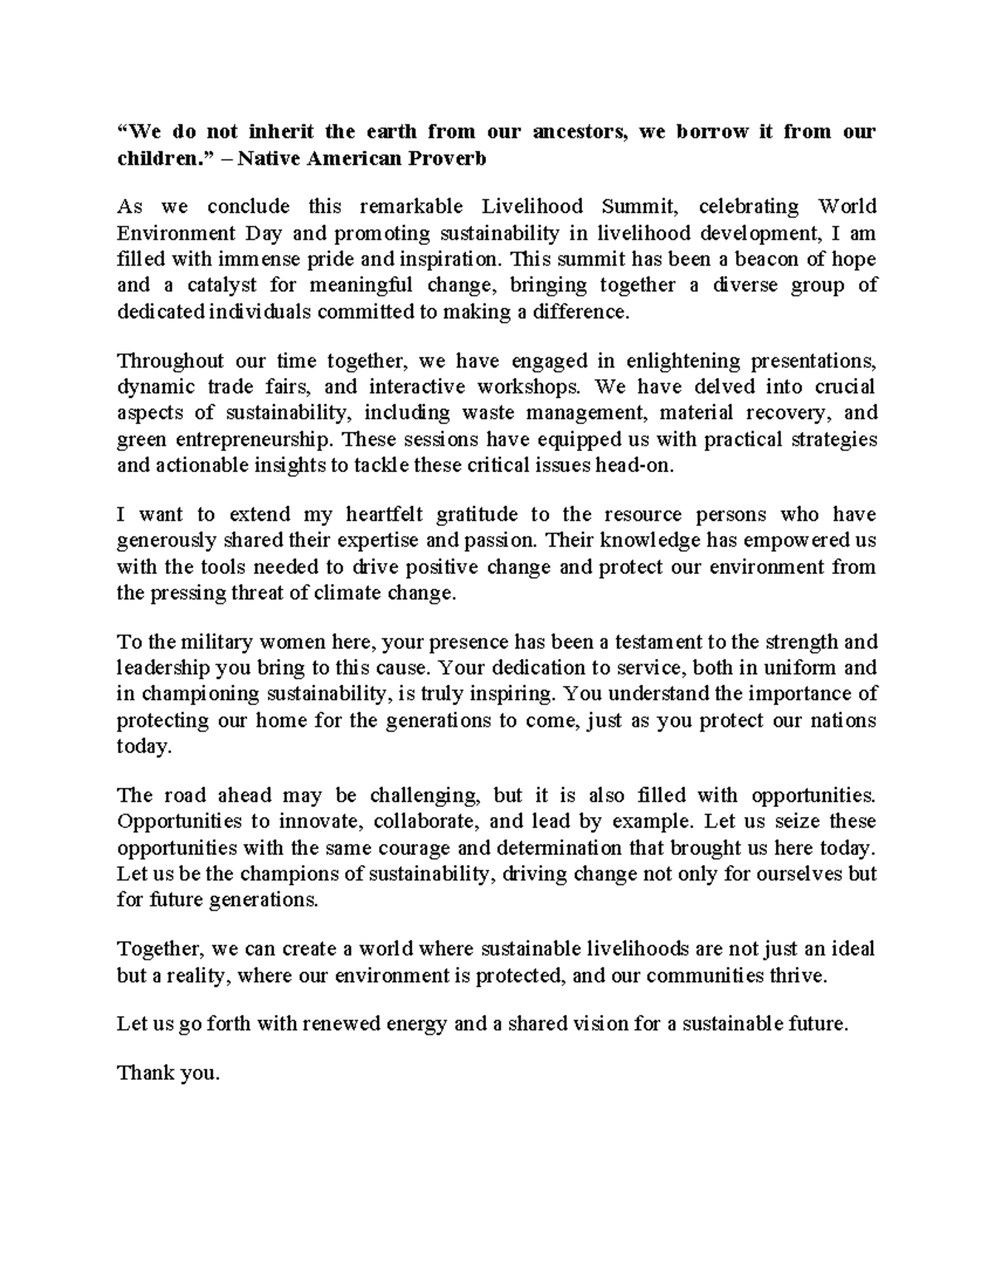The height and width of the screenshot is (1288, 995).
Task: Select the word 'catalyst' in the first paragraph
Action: [216, 285]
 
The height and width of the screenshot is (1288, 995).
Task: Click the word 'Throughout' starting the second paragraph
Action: [170, 361]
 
